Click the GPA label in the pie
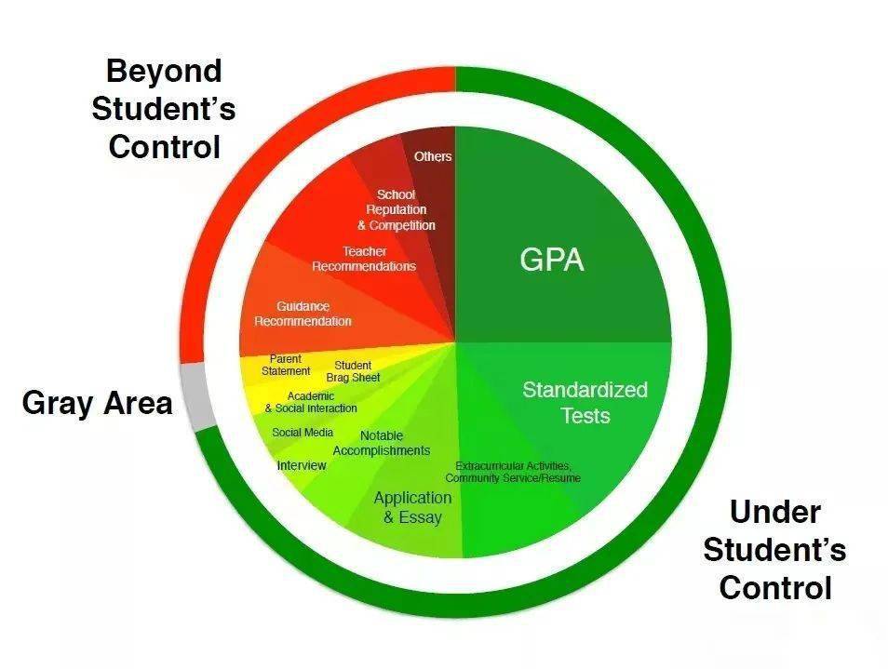pyautogui.click(x=552, y=261)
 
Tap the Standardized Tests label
pyautogui.click(x=585, y=402)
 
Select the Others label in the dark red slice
pyautogui.click(x=433, y=156)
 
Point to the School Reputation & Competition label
pyautogui.click(x=396, y=209)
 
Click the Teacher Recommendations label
pyautogui.click(x=364, y=259)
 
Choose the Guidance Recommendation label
pyautogui.click(x=303, y=314)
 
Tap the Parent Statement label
pyautogui.click(x=286, y=365)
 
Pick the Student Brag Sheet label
pyautogui.click(x=353, y=371)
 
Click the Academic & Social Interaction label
pyautogui.click(x=311, y=402)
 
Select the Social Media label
pyautogui.click(x=303, y=433)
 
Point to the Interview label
pyautogui.click(x=302, y=465)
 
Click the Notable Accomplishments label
pyautogui.click(x=381, y=443)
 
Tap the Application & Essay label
pyautogui.click(x=412, y=507)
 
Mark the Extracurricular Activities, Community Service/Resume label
pyautogui.click(x=513, y=472)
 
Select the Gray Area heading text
pyautogui.click(x=97, y=403)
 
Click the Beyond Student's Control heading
pyautogui.click(x=163, y=109)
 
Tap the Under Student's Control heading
pyautogui.click(x=774, y=550)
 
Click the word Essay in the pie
pyautogui.click(x=420, y=517)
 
